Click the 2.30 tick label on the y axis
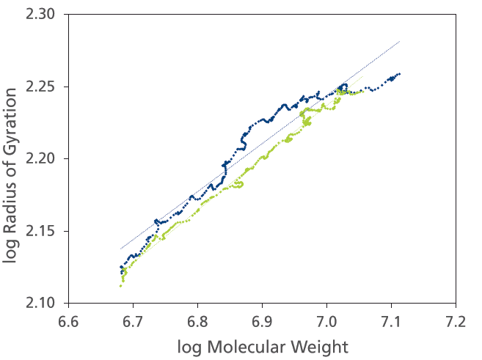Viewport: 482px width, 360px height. tap(46, 15)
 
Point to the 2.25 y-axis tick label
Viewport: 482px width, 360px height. tap(46, 87)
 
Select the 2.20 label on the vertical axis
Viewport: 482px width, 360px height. tap(46, 158)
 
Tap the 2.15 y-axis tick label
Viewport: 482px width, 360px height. tap(46, 231)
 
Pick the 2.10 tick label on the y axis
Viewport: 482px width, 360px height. tap(46, 303)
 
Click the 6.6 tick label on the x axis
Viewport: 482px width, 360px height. tap(68, 320)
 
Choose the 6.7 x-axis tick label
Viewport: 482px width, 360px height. tap(133, 320)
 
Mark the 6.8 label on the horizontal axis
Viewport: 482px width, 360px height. tap(197, 320)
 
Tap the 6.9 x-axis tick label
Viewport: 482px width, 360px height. tap(262, 320)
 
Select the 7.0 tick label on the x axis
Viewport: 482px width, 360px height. tap(326, 320)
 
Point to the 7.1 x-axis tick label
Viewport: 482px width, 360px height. tap(391, 320)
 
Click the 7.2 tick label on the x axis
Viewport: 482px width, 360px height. tap(456, 320)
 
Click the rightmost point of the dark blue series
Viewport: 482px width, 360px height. tap(400, 73)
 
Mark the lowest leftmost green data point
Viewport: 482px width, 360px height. tap(120, 286)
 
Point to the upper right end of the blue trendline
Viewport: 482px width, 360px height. tap(399, 42)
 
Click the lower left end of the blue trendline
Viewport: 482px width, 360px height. tap(121, 249)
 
